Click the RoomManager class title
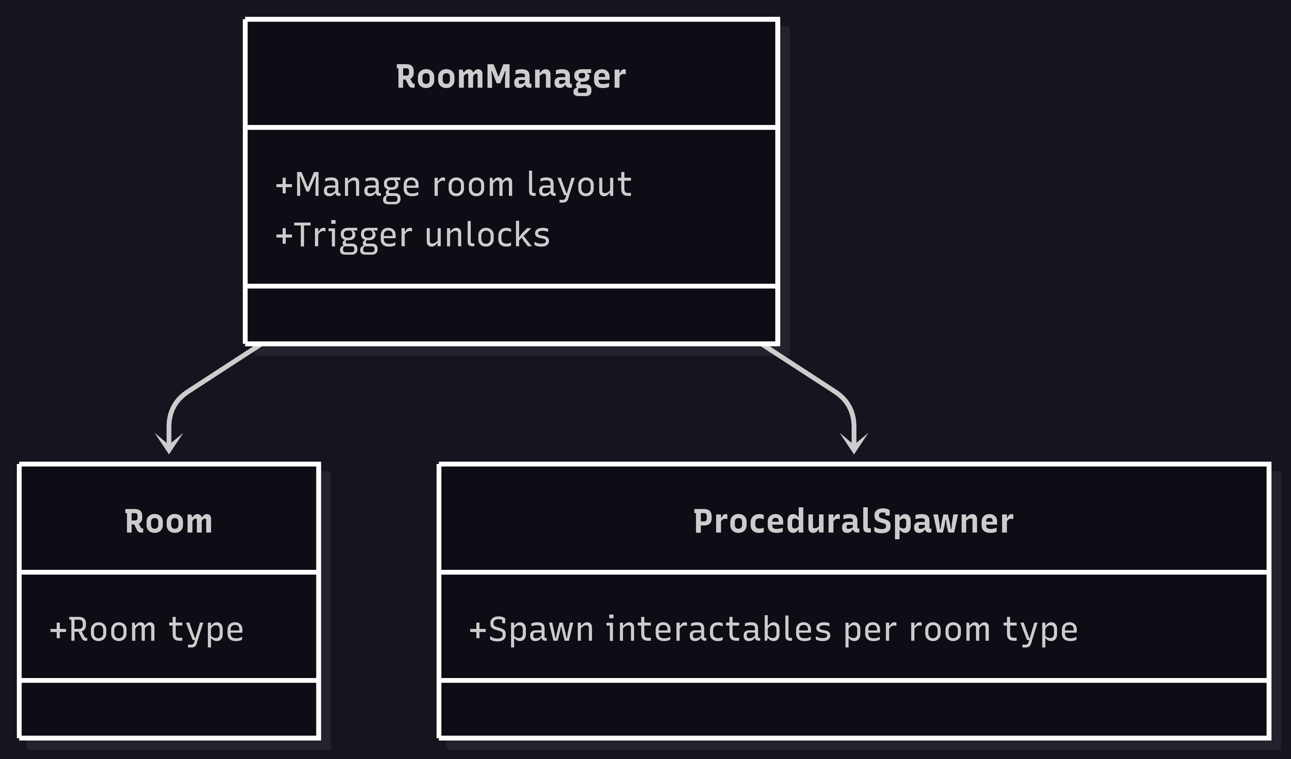pos(511,77)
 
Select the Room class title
pos(168,522)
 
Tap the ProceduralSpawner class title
pos(854,522)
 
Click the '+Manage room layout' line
pos(454,185)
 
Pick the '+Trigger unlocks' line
pos(413,235)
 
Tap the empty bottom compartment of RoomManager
pos(511,315)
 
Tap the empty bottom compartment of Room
pos(168,709)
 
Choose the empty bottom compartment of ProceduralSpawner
pos(854,709)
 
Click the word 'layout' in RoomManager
pos(579,185)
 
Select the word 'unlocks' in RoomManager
pos(487,235)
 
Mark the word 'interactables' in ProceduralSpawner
pos(718,629)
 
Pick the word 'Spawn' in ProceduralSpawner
pos(541,629)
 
